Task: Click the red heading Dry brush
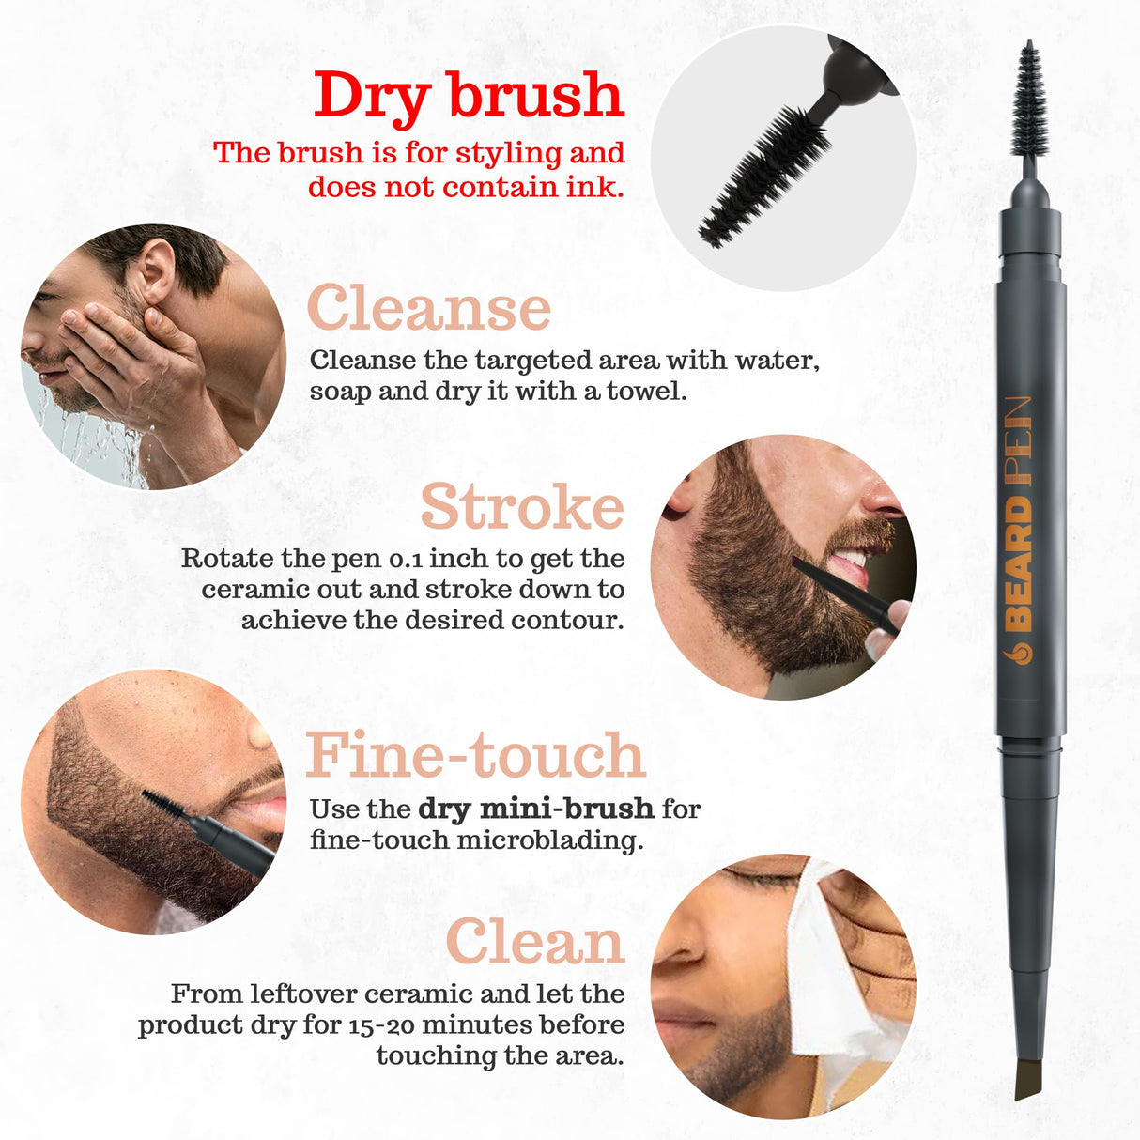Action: pyautogui.click(x=469, y=96)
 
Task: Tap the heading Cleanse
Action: pyautogui.click(x=429, y=309)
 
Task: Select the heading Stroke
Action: pyautogui.click(x=522, y=507)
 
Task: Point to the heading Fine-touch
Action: pyautogui.click(x=476, y=756)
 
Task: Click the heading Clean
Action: pyautogui.click(x=535, y=941)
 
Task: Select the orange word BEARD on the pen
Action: pyautogui.click(x=1021, y=563)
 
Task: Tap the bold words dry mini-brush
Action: pyautogui.click(x=535, y=809)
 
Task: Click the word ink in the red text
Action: pyautogui.click(x=593, y=187)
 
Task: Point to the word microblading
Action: pyautogui.click(x=549, y=840)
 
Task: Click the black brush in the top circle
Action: pyautogui.click(x=765, y=178)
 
